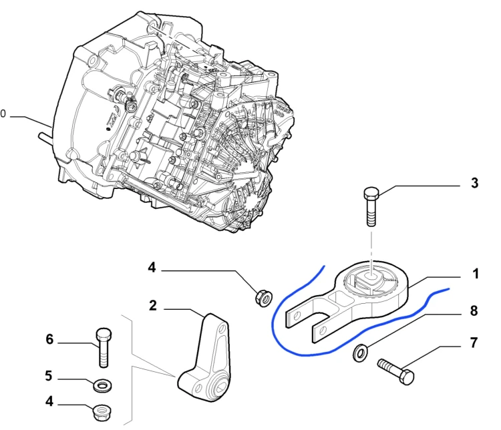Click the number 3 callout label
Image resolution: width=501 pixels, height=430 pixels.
(x=474, y=183)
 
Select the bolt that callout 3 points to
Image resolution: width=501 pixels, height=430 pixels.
(x=371, y=206)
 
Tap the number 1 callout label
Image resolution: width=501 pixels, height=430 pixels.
(x=476, y=274)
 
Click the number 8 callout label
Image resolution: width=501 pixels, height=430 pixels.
(x=474, y=311)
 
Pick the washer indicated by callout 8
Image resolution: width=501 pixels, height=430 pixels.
(x=361, y=353)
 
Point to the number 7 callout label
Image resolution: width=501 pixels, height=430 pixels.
(x=474, y=343)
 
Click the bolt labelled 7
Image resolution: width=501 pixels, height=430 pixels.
(x=395, y=371)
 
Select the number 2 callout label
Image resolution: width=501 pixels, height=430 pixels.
(x=153, y=306)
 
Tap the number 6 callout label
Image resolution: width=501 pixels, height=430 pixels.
(x=49, y=339)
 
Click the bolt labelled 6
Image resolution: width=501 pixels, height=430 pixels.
(x=104, y=347)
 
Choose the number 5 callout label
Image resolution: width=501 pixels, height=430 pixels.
(x=49, y=376)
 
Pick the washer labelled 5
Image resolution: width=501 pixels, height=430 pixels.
(x=103, y=385)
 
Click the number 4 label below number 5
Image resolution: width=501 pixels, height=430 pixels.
(x=49, y=401)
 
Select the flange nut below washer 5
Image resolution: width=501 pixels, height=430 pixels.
(x=102, y=412)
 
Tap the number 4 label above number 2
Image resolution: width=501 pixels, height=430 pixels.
(x=152, y=267)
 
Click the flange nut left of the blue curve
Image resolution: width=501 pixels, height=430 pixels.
(x=264, y=297)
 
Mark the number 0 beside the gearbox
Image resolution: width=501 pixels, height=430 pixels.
(x=3, y=114)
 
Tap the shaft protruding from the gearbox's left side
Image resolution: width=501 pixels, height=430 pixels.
(x=45, y=138)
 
